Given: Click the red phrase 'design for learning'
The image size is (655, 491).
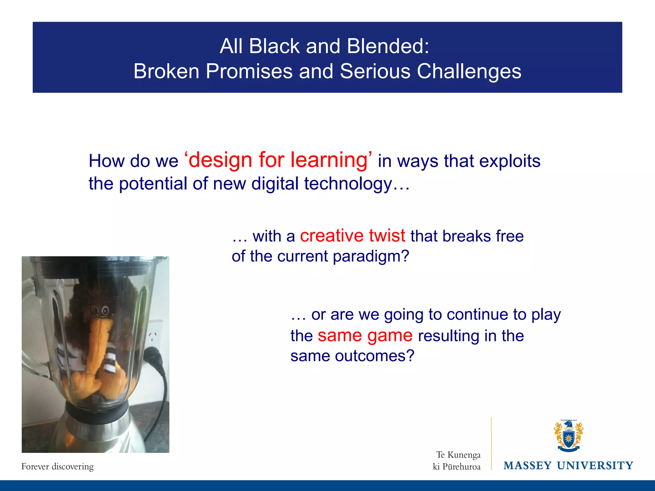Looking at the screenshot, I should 278,160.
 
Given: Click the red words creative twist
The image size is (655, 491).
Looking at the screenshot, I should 352,236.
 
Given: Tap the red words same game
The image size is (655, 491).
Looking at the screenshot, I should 365,336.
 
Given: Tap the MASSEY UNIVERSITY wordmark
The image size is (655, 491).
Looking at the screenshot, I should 568,466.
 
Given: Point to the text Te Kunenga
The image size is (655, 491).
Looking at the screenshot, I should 458,455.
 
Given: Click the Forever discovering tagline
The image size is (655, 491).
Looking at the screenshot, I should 58,467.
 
